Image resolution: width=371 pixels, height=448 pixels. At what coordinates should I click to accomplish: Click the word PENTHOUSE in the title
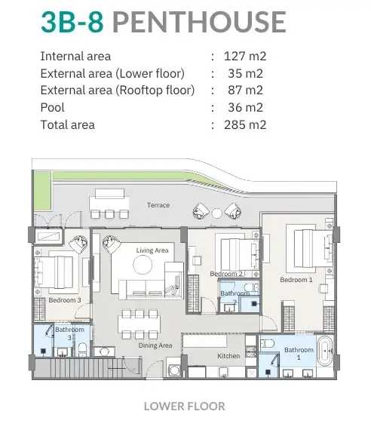pyautogui.click(x=199, y=22)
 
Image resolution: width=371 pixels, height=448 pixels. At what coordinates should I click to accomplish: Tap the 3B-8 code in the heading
pyautogui.click(x=72, y=22)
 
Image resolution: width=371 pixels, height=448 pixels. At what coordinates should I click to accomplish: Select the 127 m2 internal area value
pyautogui.click(x=245, y=56)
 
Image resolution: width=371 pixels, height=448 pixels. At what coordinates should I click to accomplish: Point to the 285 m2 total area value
pyautogui.click(x=245, y=125)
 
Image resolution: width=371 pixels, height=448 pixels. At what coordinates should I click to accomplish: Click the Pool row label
pyautogui.click(x=52, y=107)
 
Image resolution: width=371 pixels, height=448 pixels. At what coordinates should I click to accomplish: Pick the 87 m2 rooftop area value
pyautogui.click(x=245, y=91)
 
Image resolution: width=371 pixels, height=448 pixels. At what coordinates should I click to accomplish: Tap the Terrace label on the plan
pyautogui.click(x=158, y=205)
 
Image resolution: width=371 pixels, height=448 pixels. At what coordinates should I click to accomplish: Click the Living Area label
pyautogui.click(x=152, y=250)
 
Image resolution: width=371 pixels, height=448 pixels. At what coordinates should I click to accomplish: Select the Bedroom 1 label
pyautogui.click(x=296, y=280)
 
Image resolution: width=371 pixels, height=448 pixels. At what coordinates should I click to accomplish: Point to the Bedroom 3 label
pyautogui.click(x=65, y=300)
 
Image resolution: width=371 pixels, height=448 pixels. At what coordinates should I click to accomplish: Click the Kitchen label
pyautogui.click(x=228, y=356)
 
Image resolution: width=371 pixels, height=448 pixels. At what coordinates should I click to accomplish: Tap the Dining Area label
pyautogui.click(x=155, y=345)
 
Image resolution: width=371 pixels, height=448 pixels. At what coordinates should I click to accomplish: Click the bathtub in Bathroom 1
pyautogui.click(x=325, y=351)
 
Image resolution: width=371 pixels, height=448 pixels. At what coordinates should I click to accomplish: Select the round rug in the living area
pyautogui.click(x=143, y=265)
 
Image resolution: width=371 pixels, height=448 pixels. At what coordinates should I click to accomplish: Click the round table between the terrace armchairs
pyautogui.click(x=216, y=213)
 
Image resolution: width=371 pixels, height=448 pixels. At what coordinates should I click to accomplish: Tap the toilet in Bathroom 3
pyautogui.click(x=82, y=350)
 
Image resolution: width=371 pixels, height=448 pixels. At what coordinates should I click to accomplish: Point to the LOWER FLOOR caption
pyautogui.click(x=185, y=407)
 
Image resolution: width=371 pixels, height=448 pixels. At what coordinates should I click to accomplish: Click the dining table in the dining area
pyautogui.click(x=139, y=324)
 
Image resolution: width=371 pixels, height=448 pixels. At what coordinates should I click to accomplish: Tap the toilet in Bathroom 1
pyautogui.click(x=268, y=343)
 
